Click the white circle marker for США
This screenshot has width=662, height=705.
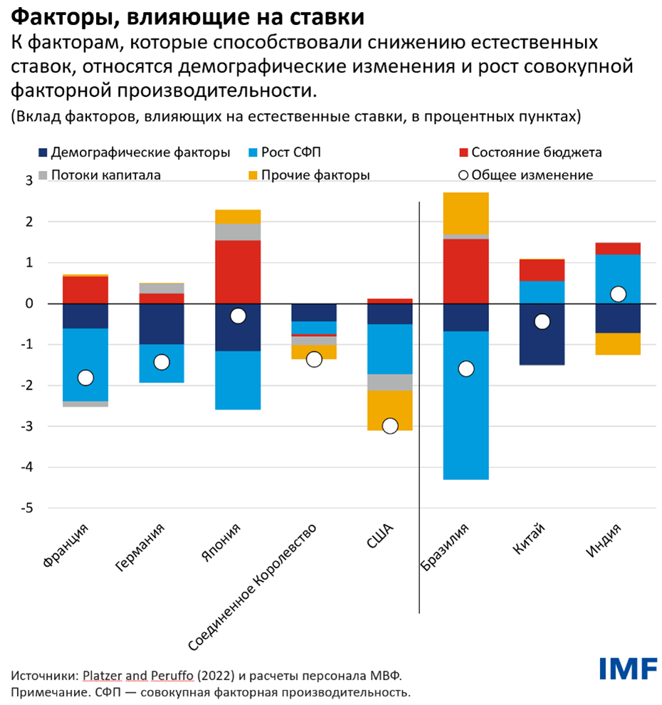pyautogui.click(x=389, y=426)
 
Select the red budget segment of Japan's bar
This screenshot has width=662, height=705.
pyautogui.click(x=238, y=272)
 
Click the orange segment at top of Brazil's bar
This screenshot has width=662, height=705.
pyautogui.click(x=466, y=213)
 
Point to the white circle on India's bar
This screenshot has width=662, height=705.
pyautogui.click(x=618, y=294)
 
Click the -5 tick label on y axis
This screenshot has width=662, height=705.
pyautogui.click(x=10, y=508)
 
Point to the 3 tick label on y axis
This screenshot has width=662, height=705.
pyautogui.click(x=10, y=181)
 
